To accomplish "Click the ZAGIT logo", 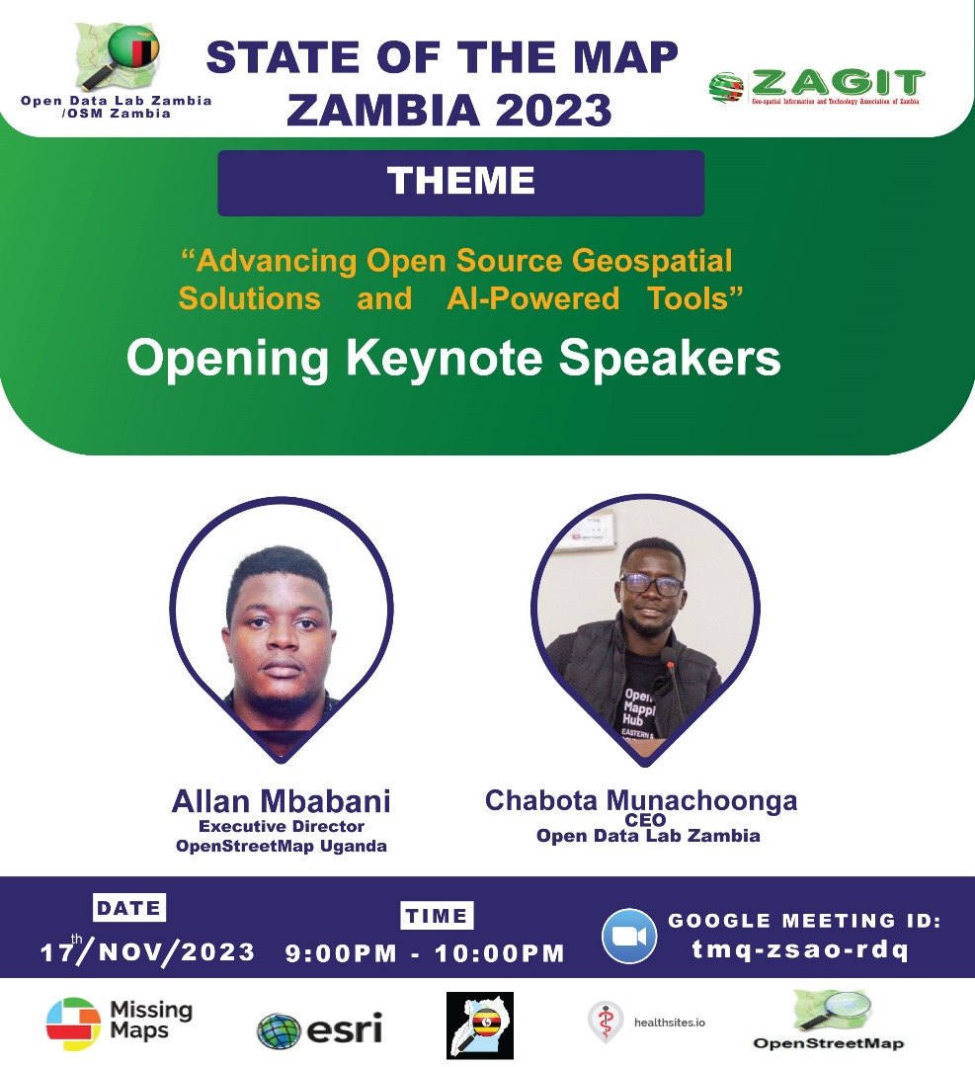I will click(817, 86).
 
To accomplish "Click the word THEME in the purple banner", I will click(460, 182).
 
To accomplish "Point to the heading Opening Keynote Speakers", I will click(453, 360).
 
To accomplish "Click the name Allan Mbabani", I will click(282, 801).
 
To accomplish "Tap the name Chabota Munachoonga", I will click(640, 801).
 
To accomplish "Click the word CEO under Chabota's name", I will click(646, 820).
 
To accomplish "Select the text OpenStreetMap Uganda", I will click(282, 846).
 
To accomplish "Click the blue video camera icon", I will click(629, 936).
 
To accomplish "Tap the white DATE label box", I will click(129, 908).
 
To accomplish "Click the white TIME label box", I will click(437, 916).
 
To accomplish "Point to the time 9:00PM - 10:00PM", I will click(425, 953).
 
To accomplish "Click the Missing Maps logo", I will click(120, 1021).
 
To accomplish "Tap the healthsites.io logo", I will click(647, 1022).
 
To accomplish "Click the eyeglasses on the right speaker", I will click(652, 584).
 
